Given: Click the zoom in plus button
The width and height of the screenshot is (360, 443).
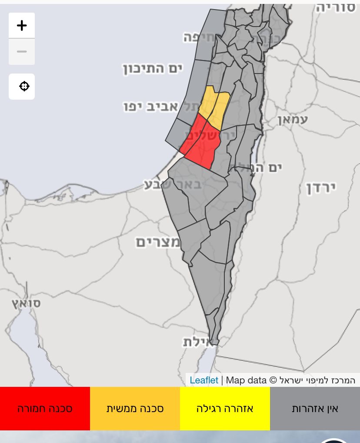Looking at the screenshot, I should [22, 26].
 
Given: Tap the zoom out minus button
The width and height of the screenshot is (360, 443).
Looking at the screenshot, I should [22, 52].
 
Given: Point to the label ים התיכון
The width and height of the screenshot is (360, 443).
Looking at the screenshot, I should [152, 68].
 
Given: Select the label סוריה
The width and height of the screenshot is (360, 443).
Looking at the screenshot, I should [336, 8].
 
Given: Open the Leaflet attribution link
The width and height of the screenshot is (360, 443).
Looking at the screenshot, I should [204, 380].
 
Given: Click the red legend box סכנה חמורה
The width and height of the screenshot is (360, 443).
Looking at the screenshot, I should [45, 409].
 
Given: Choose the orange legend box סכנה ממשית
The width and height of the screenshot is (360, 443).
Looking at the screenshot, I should [135, 409].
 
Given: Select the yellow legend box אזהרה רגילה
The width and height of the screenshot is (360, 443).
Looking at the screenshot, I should [225, 409].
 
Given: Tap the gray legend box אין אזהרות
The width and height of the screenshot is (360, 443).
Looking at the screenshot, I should [315, 409].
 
